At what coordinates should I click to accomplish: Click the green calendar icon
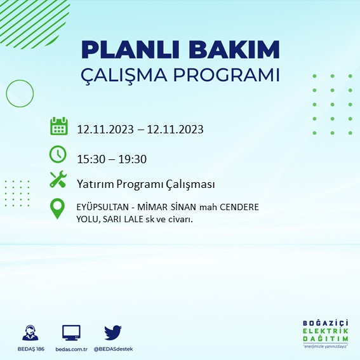pyautogui.click(x=58, y=126)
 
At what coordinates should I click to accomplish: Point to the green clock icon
pyautogui.click(x=58, y=154)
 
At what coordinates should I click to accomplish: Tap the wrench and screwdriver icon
pyautogui.click(x=58, y=180)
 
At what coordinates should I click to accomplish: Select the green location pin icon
pyautogui.click(x=58, y=209)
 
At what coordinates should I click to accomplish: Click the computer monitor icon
pyautogui.click(x=71, y=332)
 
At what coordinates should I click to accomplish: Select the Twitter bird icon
pyautogui.click(x=112, y=332)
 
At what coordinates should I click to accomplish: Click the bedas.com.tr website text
pyautogui.click(x=71, y=349)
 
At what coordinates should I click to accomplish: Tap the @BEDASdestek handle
pyautogui.click(x=113, y=349)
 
